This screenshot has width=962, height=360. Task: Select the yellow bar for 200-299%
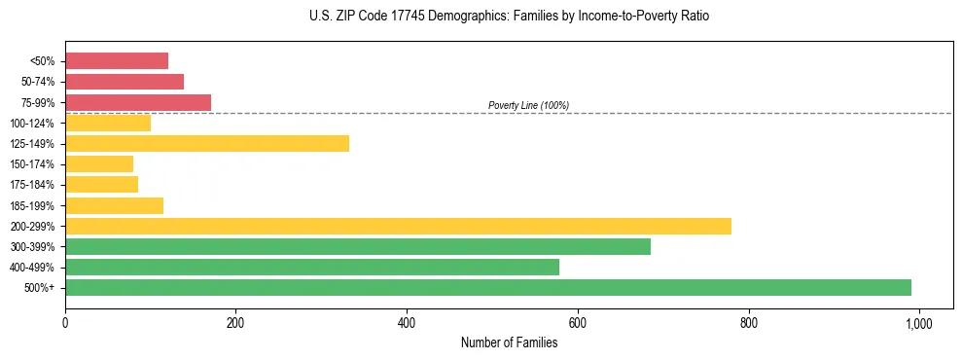[x=398, y=226]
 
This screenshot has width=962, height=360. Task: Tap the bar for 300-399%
[x=358, y=246]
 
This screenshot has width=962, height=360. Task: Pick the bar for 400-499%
[x=312, y=267]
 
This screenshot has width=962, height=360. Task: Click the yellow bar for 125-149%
[x=207, y=144]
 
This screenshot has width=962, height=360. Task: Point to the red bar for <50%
[x=117, y=61]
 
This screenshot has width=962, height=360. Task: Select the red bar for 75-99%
[x=138, y=102]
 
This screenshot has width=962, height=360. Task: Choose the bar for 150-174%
[x=99, y=164]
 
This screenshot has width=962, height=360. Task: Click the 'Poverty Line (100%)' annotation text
[x=528, y=105]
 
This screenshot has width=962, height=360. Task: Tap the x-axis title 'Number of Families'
[x=509, y=342]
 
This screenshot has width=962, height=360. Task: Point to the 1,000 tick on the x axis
[x=918, y=322]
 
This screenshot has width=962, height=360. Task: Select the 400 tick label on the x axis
[x=407, y=322]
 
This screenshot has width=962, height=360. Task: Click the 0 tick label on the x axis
[x=65, y=322]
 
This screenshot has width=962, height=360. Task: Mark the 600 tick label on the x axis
[x=578, y=322]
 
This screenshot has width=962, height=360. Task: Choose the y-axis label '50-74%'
[x=36, y=82]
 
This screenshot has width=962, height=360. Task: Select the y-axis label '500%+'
[x=40, y=288]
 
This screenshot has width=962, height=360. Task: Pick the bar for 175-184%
[x=102, y=185]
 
